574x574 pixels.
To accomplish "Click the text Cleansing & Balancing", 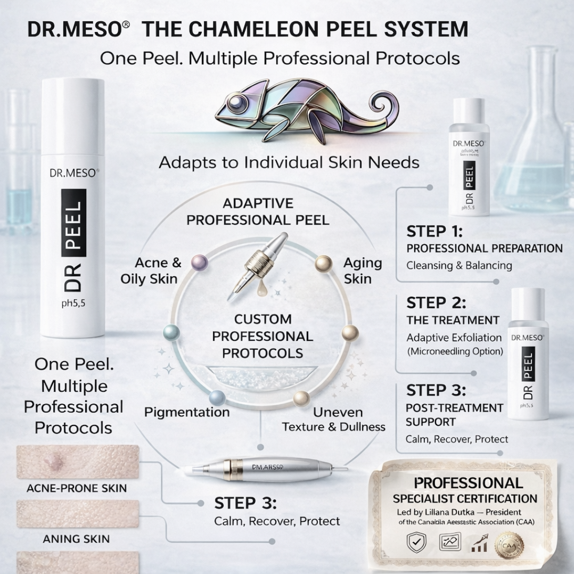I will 459,265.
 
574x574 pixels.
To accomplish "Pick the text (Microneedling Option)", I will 455,351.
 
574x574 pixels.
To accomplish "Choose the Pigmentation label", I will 187,412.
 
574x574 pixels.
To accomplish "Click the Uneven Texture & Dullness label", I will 334,419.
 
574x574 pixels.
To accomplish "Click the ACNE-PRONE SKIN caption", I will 77,488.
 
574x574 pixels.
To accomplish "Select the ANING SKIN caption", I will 76,539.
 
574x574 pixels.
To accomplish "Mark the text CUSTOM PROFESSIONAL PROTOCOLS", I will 263,336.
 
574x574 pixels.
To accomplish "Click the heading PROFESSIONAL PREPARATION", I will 484,249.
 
